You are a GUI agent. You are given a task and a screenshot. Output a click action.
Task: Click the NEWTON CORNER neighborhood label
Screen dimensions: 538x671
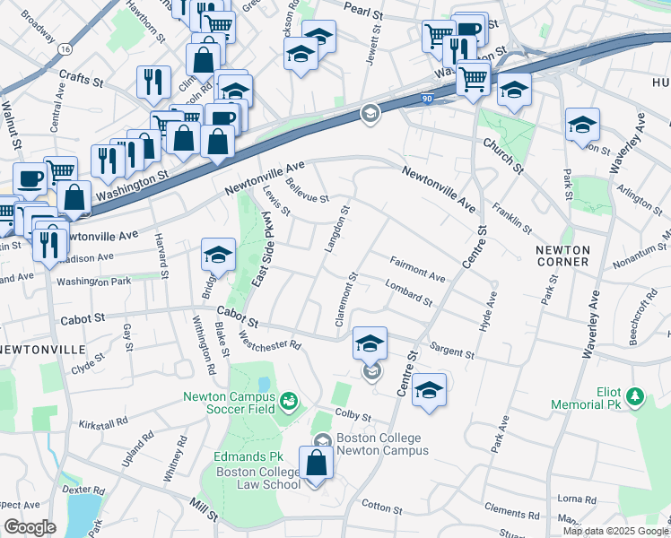tap(562, 256)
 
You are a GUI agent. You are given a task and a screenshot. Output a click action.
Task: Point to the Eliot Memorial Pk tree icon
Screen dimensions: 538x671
tap(635, 395)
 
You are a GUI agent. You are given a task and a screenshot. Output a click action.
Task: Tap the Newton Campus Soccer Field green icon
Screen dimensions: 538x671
tap(288, 399)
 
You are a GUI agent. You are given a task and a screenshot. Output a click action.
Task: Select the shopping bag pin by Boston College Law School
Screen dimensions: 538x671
tap(316, 464)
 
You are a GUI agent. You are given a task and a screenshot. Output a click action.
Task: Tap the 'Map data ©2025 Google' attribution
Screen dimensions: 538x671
tap(614, 531)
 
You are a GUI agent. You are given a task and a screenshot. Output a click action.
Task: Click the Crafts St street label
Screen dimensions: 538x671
tap(82, 78)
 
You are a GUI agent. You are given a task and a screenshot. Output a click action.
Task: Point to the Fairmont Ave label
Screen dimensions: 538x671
tap(417, 269)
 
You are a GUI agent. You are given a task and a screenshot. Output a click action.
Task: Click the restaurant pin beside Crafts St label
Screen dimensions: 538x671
tap(153, 83)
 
